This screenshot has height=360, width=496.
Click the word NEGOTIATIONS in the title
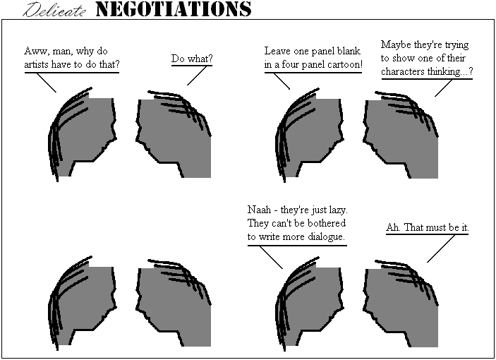click(x=174, y=9)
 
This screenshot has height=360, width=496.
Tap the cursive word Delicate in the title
click(x=54, y=10)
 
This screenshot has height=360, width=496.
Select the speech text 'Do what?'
click(x=192, y=59)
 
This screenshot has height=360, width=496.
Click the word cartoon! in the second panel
click(x=345, y=64)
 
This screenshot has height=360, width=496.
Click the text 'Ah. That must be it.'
click(x=428, y=227)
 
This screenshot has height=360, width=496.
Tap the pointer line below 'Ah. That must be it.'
click(x=441, y=248)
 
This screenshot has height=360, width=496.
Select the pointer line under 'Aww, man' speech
click(x=47, y=83)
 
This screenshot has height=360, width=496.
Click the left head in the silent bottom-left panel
click(x=83, y=304)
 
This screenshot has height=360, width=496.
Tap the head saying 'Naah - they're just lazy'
click(x=310, y=304)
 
